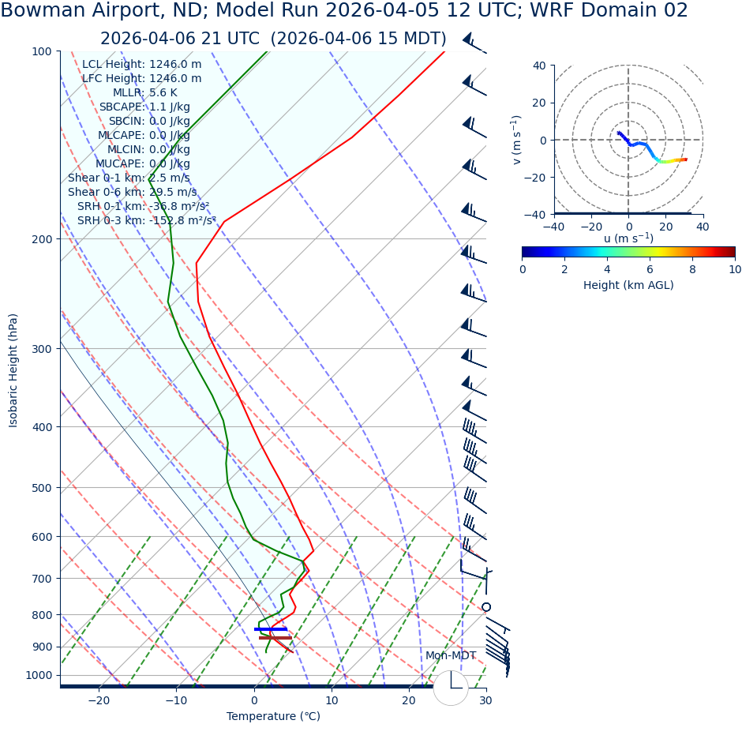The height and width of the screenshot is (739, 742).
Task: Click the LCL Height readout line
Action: coord(141,65)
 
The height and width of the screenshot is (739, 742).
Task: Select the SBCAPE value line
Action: coord(144,107)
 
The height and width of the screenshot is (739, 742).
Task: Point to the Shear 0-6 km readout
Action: coord(133,193)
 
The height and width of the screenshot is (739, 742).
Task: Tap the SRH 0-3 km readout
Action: coord(146,221)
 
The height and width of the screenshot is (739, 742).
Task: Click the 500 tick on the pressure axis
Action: coord(40,488)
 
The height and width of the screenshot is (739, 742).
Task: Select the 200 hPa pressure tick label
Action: coord(40,239)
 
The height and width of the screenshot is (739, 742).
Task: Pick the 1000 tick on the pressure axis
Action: coord(37,676)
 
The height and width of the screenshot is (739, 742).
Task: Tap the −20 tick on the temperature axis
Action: coord(99,701)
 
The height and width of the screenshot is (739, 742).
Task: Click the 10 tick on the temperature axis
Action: coord(332,701)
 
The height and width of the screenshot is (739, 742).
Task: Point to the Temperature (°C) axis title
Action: coord(273,717)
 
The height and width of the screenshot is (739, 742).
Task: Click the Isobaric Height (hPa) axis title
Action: coord(13,370)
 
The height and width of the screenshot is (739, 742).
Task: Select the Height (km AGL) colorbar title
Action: coord(628,285)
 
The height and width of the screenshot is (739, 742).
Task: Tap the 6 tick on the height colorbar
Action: coord(650,269)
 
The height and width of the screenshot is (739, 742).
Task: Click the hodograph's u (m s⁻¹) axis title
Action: coord(628,238)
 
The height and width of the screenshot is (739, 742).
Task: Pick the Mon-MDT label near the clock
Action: coord(451,656)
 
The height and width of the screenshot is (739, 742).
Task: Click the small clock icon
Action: coord(451,688)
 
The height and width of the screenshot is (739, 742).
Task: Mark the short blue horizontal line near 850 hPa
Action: coord(270,629)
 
